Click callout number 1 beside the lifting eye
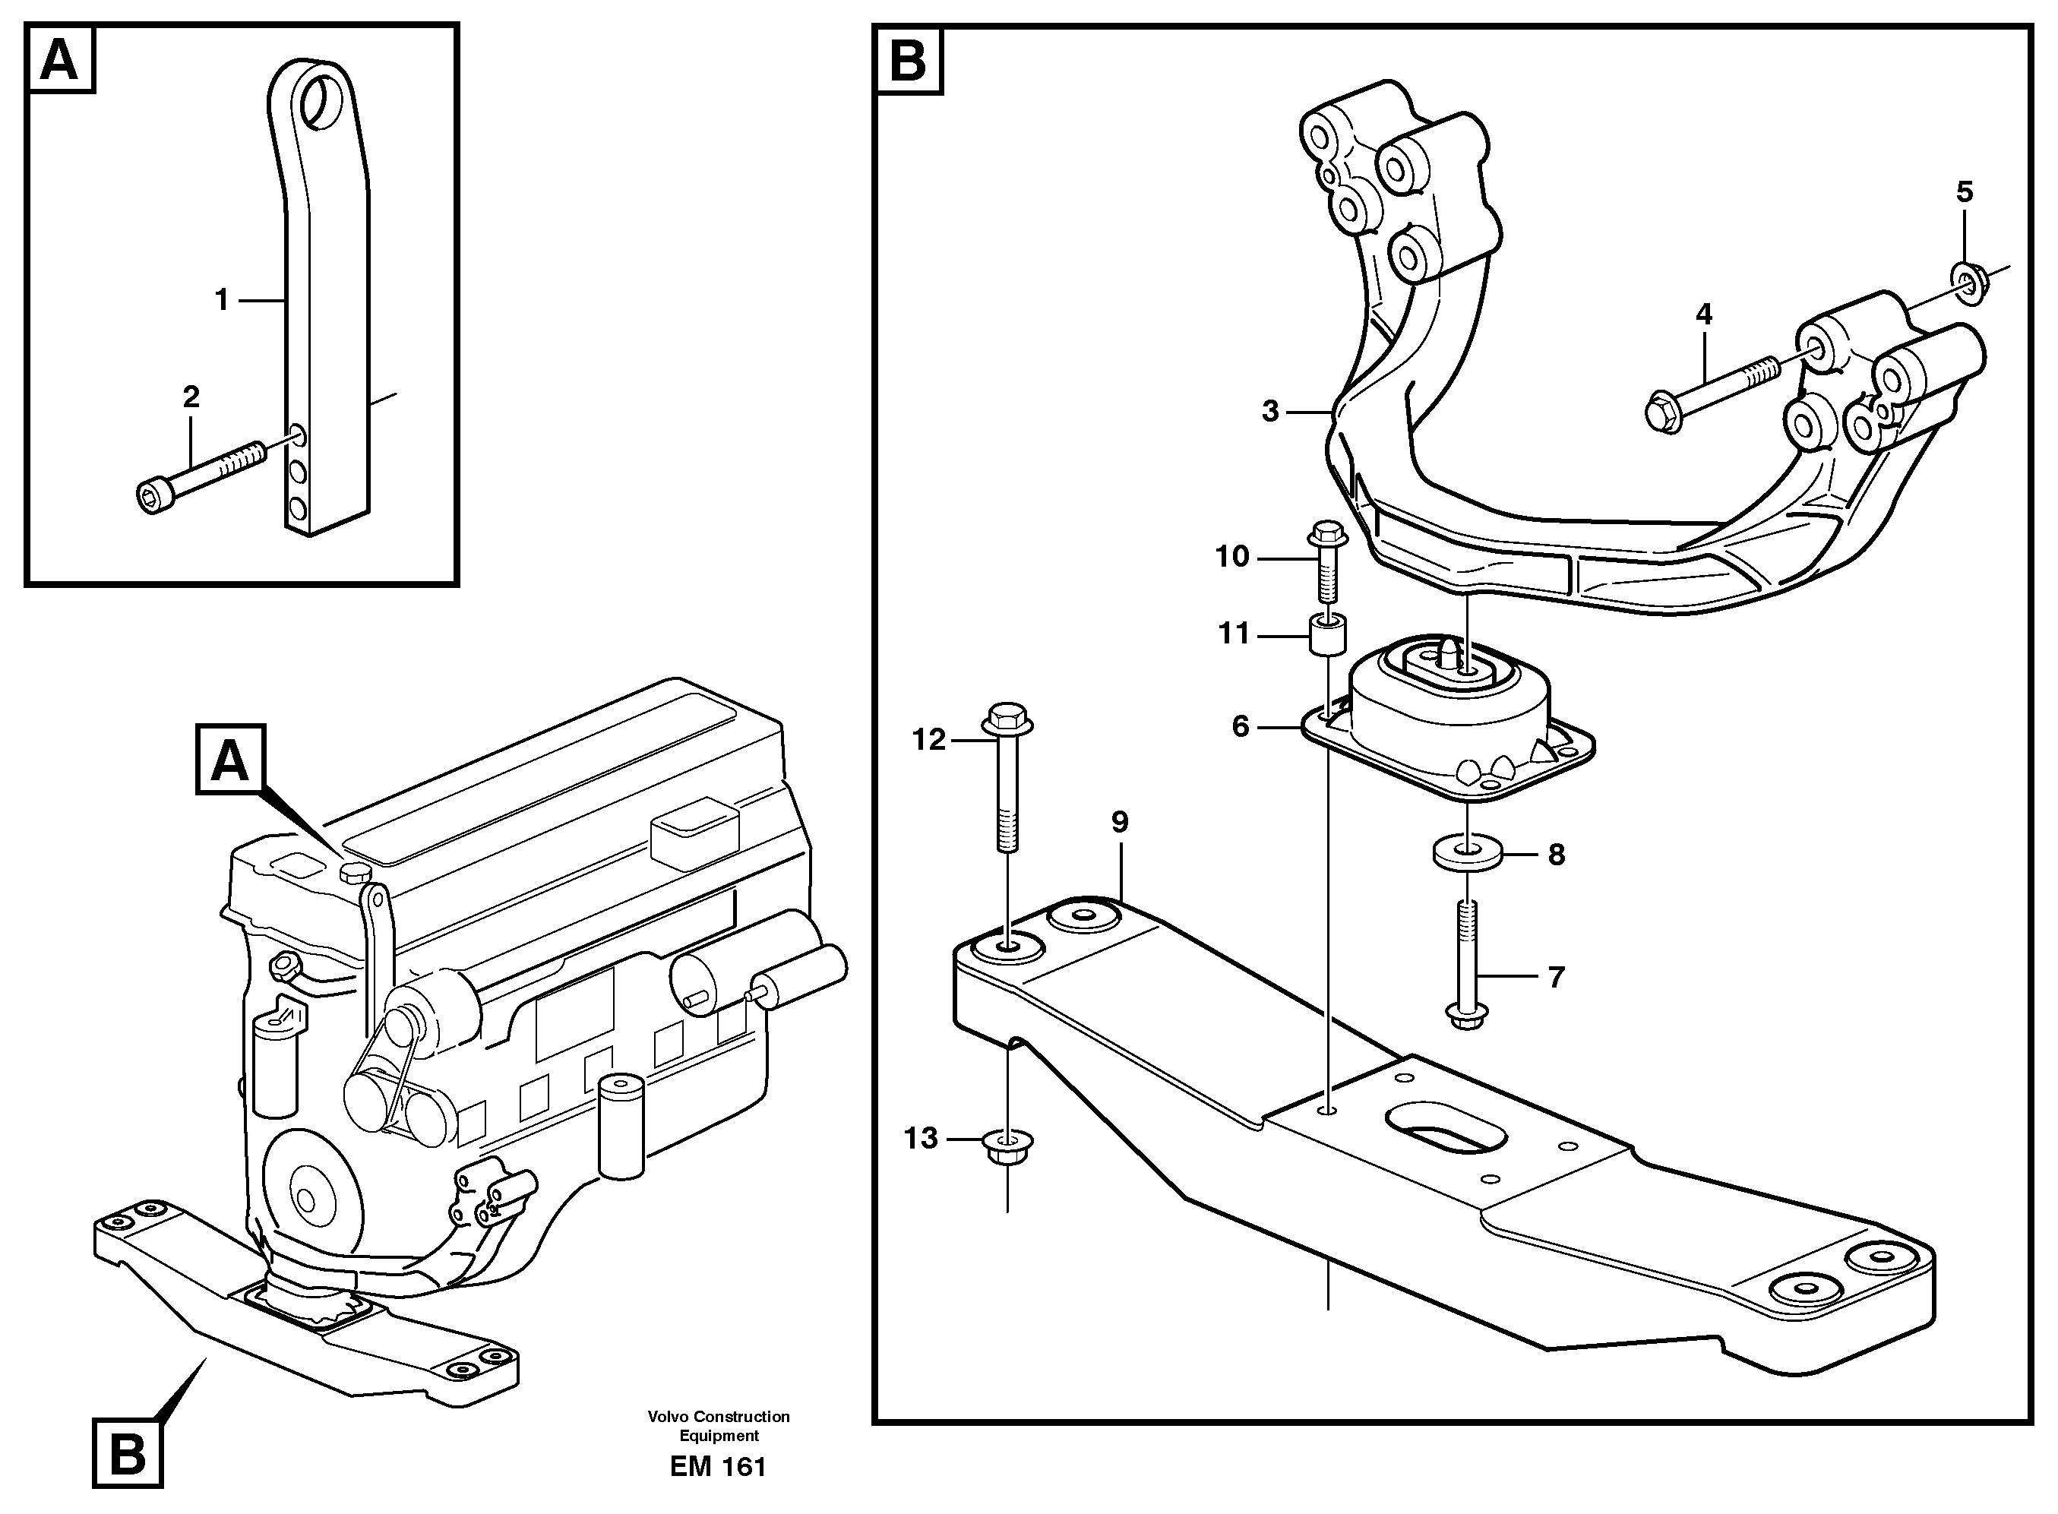(221, 299)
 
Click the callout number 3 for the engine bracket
(1269, 412)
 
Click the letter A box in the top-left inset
(62, 61)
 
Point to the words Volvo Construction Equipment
(719, 1425)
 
